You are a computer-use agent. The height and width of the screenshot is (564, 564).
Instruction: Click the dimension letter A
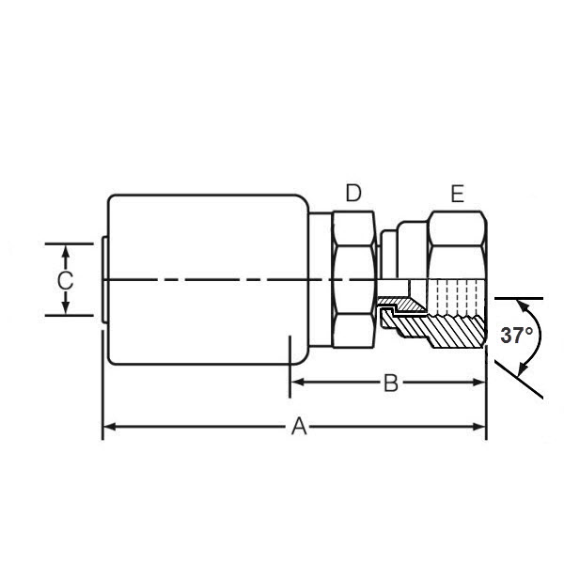299,427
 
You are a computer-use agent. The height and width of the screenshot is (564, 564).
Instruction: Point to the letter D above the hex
353,194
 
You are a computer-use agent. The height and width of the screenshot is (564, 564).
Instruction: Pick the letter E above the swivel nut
457,195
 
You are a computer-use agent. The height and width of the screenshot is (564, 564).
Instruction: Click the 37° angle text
516,336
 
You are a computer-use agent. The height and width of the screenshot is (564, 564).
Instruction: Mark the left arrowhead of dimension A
107,427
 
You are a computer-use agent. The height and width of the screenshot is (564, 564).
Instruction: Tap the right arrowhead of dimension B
480,383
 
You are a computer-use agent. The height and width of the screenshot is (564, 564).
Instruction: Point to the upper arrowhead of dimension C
65,249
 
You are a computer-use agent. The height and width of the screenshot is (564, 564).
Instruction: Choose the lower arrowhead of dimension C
65,309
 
